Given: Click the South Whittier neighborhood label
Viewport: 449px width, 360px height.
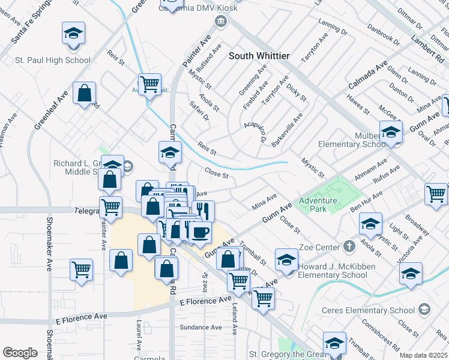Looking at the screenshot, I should point(259,56).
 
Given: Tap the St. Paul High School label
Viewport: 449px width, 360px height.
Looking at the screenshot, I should point(53,60).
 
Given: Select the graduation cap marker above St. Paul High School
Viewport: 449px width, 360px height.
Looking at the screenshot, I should point(73,34).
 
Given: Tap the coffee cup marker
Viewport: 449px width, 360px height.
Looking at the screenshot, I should point(200,232).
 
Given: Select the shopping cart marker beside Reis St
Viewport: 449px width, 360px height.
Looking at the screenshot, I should point(149,83).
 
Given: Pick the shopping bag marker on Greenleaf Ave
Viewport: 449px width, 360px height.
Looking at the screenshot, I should point(85,94).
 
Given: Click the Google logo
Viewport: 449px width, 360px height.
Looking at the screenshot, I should point(20,353).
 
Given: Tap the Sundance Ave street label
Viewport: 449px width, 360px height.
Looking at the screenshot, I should point(201,327).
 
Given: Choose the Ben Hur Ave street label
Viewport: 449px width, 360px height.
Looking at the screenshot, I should point(366,201).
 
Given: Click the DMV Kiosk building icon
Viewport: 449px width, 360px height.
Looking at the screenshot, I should point(221,22).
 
